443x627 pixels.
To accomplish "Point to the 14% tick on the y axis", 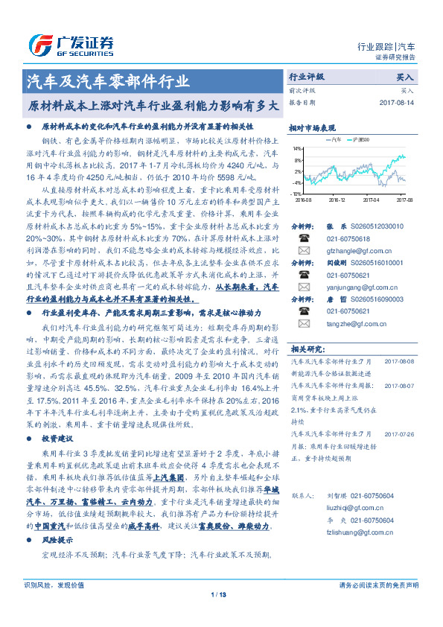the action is click(297, 148).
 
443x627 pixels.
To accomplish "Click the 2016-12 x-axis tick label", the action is click(337, 200).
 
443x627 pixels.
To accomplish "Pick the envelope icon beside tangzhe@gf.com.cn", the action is click(304, 322).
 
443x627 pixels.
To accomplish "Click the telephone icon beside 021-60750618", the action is click(304, 238).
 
